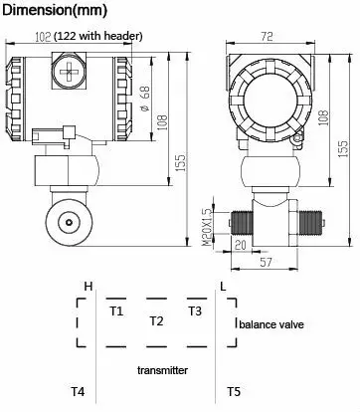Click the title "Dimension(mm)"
55,10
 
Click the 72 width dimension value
267,36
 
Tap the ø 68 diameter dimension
145,99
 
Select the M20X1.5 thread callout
207,227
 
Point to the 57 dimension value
266,263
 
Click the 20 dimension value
241,245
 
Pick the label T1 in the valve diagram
116,311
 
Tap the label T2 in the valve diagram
156,321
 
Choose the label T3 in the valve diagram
195,311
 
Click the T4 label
78,392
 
